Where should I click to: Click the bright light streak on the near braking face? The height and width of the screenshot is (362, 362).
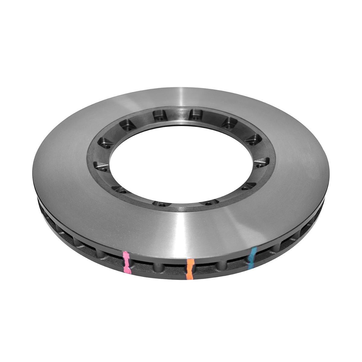(x=181, y=229)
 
